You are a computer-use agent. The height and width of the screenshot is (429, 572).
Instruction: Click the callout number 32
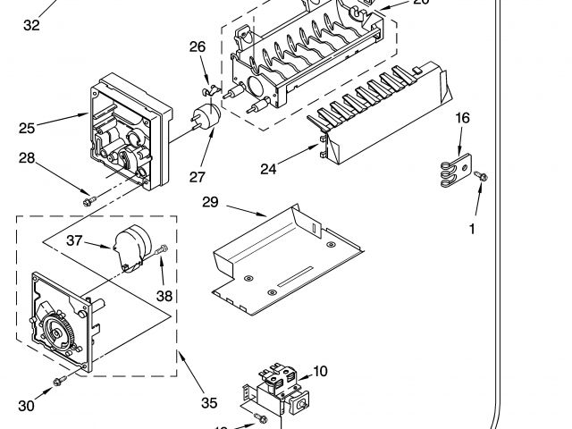coord(31,25)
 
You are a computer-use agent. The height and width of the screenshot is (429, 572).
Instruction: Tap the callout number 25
coord(27,128)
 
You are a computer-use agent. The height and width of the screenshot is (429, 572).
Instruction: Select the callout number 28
coord(27,158)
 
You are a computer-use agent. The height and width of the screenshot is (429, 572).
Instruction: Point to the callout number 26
coord(198,46)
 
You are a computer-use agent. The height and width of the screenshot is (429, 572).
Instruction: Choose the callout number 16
coord(462,118)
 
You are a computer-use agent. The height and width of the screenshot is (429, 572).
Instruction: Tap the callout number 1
coord(471,229)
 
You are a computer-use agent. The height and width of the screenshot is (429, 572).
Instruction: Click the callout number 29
coord(210,203)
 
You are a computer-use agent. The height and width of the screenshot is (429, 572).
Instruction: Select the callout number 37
coord(75,240)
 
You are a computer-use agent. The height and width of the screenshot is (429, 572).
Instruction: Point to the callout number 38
coord(164,296)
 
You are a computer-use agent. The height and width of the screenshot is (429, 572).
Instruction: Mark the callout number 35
coord(209,403)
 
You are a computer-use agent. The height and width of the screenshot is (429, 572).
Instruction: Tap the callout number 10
coord(320,370)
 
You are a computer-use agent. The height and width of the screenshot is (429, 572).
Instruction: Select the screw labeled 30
coord(59,382)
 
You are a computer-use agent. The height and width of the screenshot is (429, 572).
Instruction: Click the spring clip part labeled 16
coord(454,172)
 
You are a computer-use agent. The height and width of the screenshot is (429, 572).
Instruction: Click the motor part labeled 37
coord(132,246)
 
